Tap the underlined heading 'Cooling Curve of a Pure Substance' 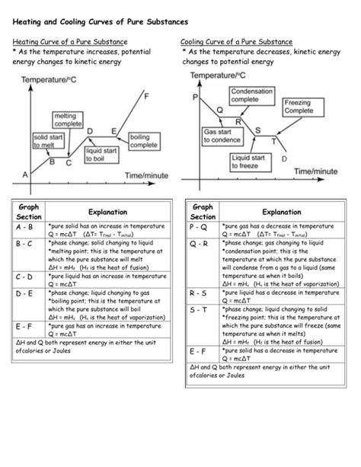pos(237,41)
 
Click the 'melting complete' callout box pos(69,120)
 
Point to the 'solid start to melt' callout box pos(46,141)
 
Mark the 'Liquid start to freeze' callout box pos(249,161)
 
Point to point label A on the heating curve pos(25,174)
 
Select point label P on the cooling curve pos(195,98)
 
